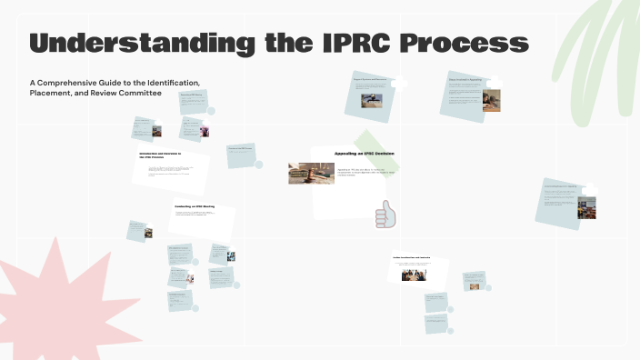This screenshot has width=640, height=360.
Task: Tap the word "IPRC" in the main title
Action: (x=364, y=43)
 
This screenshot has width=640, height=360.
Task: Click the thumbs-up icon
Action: (x=385, y=215)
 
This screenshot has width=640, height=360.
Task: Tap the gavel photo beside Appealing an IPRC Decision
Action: (x=311, y=173)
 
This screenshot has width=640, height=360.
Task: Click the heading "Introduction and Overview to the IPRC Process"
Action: (x=160, y=155)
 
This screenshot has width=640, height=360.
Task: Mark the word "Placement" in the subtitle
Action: (x=51, y=94)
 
